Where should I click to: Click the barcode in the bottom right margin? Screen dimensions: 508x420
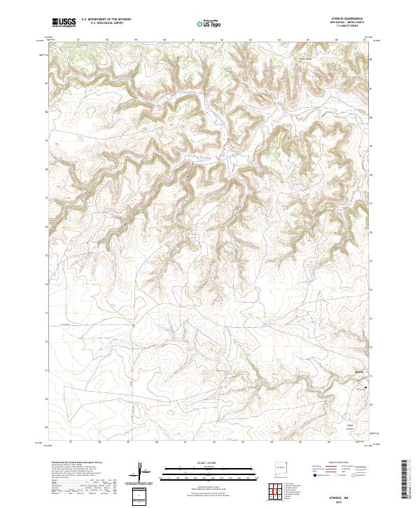point(405,480)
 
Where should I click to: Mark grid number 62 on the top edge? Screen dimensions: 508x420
point(222,40)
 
